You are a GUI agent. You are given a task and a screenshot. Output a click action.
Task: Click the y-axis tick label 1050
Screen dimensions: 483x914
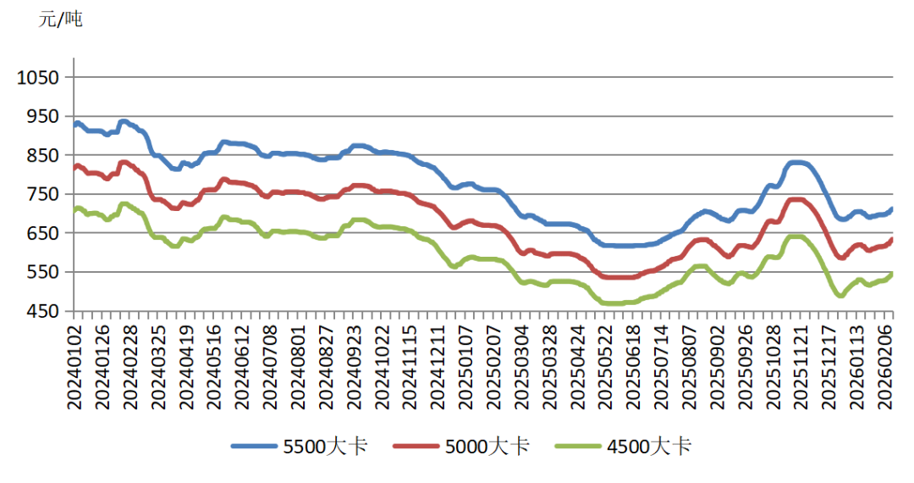pos(39,78)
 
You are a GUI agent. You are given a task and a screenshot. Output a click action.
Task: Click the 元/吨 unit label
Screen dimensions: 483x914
pos(61,19)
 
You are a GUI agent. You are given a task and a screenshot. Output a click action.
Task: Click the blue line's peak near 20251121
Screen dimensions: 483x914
pos(796,162)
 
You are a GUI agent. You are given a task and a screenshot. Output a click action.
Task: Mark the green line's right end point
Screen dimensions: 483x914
pos(892,274)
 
